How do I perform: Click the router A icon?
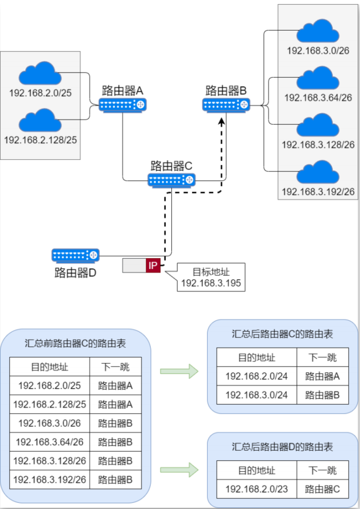point(123,104)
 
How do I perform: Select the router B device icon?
point(226,104)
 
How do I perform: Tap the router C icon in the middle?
point(172,180)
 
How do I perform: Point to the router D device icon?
point(75,255)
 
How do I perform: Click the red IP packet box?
point(153,265)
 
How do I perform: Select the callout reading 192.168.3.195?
point(211,278)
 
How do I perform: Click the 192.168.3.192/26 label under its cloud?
point(318,192)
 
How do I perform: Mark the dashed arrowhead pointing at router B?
point(222,121)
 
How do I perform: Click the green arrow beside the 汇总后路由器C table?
point(179,371)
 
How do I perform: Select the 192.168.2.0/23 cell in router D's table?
point(256,489)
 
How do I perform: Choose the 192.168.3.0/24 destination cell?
point(256,395)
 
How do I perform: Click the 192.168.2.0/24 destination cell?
point(256,376)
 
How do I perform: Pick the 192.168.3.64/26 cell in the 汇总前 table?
point(49,442)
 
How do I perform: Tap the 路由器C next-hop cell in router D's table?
point(322,489)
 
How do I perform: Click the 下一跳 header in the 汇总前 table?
point(115,367)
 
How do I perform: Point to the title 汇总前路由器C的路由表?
point(75,343)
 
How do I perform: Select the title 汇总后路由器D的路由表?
point(282,447)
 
